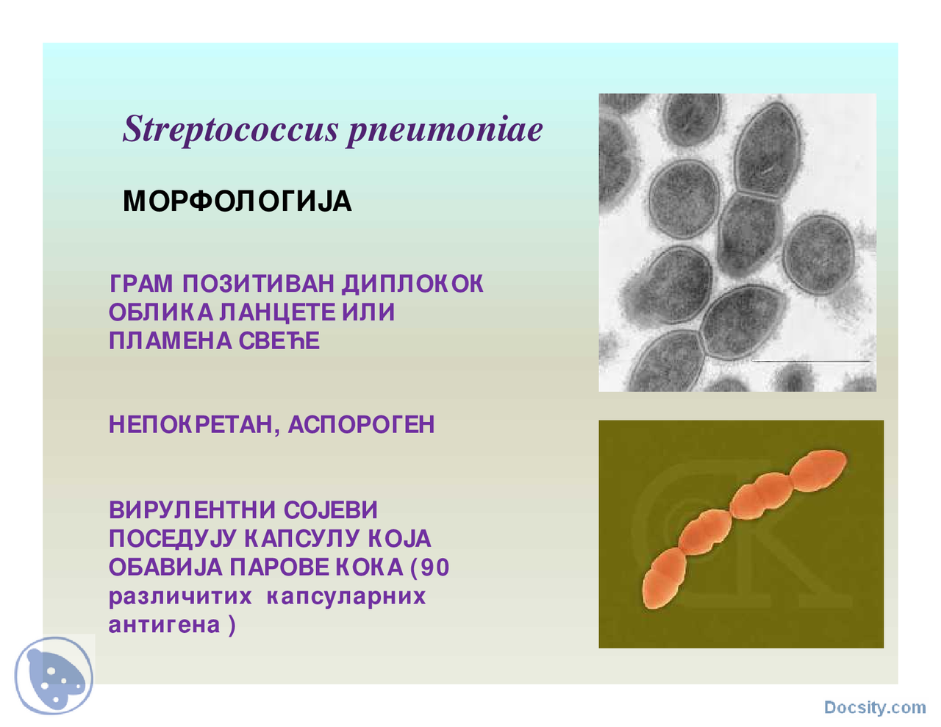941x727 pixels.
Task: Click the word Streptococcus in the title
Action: point(231,130)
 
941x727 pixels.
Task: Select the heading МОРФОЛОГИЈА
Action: point(237,201)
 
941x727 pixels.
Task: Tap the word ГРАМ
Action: point(141,284)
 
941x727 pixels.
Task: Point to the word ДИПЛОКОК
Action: point(412,284)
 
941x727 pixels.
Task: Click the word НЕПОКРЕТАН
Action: point(190,425)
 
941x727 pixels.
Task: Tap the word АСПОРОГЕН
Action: point(361,425)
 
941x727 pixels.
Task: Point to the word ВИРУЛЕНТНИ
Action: point(192,510)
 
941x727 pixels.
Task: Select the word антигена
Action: point(164,625)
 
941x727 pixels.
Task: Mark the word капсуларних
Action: point(346,596)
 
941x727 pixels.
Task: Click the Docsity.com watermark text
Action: point(874,707)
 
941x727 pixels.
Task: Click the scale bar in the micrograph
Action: point(811,362)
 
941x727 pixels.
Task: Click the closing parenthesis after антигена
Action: point(232,625)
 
